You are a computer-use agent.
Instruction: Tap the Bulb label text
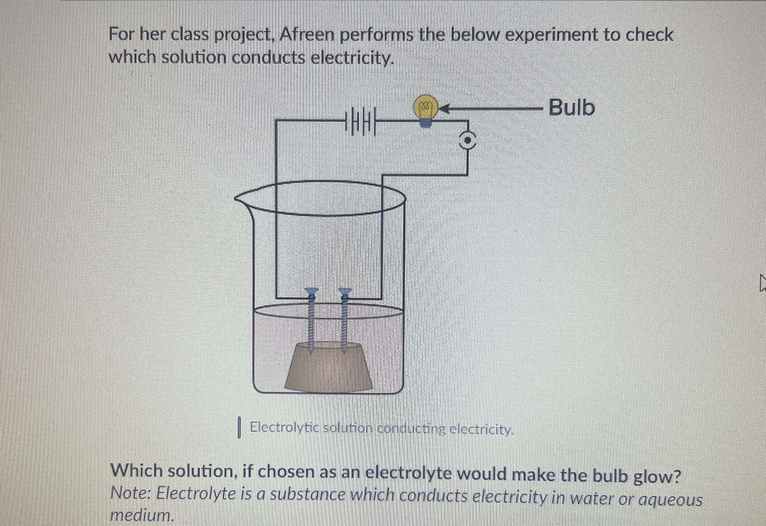click(572, 108)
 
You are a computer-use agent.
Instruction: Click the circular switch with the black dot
click(468, 141)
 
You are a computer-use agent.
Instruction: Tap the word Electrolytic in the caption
click(285, 428)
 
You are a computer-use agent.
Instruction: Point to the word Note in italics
click(130, 494)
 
